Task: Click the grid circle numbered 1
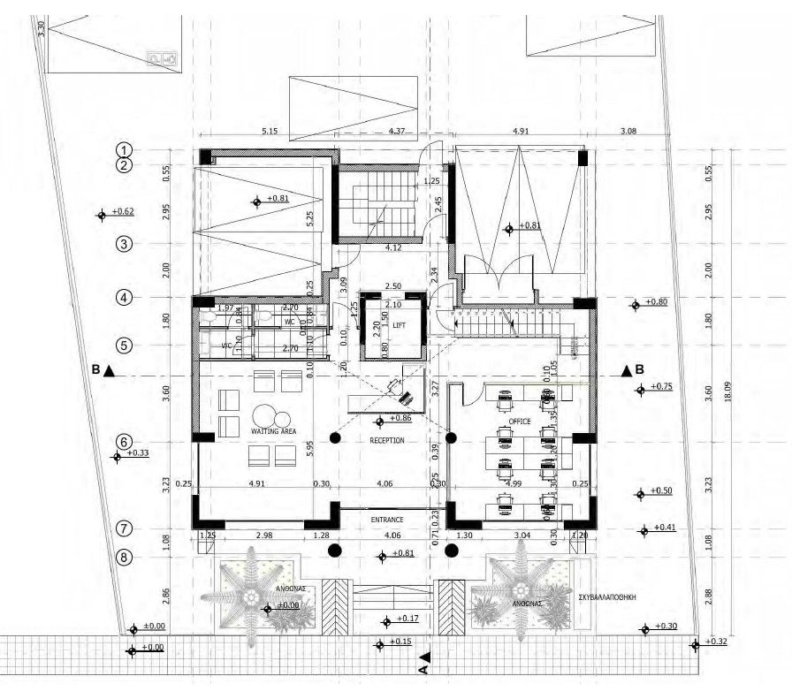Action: (x=125, y=150)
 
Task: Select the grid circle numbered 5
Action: (x=125, y=346)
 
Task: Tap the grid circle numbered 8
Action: (x=125, y=557)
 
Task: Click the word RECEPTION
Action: (x=387, y=440)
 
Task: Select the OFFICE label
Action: (x=520, y=422)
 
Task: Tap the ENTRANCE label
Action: (x=387, y=520)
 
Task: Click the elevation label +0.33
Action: (x=138, y=452)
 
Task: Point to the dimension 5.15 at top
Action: (x=270, y=133)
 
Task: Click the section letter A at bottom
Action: (x=423, y=670)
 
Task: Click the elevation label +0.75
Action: (x=661, y=386)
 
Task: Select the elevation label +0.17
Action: (x=407, y=618)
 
